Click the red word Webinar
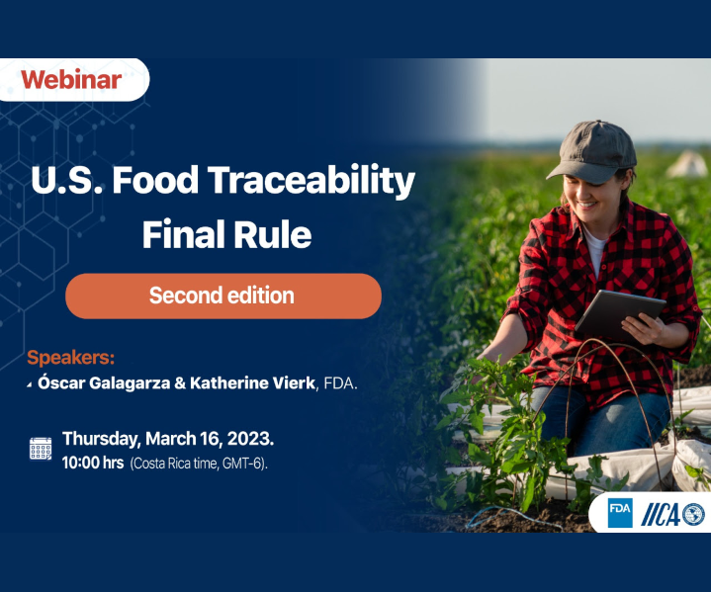coord(71,80)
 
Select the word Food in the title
coord(155,180)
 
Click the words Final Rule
coord(226,234)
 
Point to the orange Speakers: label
coord(71,358)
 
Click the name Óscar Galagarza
coord(104,383)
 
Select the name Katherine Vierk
coord(252,383)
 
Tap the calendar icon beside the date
coord(41,449)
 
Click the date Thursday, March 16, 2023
coord(168,439)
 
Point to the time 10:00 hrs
coord(93,463)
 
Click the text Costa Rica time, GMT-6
coord(199,464)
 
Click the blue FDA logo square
coord(620,513)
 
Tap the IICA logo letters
coord(662,515)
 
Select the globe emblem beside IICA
coord(694,515)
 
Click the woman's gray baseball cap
coord(593,151)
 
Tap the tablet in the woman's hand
coord(620,314)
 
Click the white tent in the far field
coord(688,164)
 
